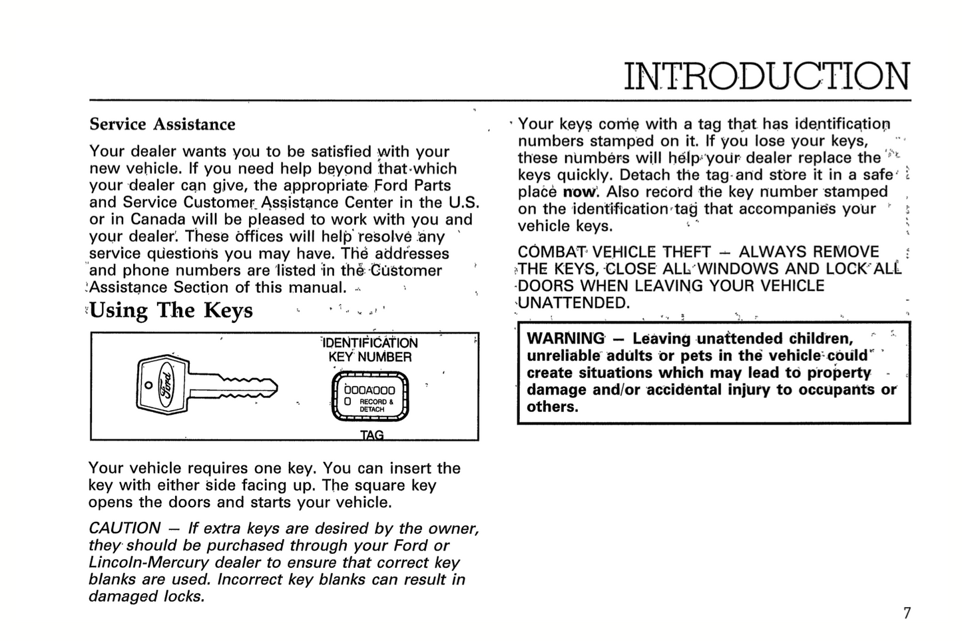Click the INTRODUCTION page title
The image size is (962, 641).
click(x=766, y=77)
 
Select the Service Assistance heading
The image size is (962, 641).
click(x=162, y=124)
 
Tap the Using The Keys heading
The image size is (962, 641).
click(x=171, y=310)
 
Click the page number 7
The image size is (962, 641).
click(x=906, y=613)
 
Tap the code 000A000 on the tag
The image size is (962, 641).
click(x=370, y=391)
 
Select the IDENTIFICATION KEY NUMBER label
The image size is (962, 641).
click(x=370, y=349)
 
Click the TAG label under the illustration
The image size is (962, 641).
click(x=371, y=435)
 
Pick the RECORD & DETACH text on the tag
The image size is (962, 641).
click(x=375, y=405)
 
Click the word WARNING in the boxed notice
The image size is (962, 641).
click(x=566, y=339)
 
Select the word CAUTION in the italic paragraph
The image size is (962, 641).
click(x=124, y=529)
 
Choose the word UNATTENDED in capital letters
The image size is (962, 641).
click(x=573, y=304)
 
